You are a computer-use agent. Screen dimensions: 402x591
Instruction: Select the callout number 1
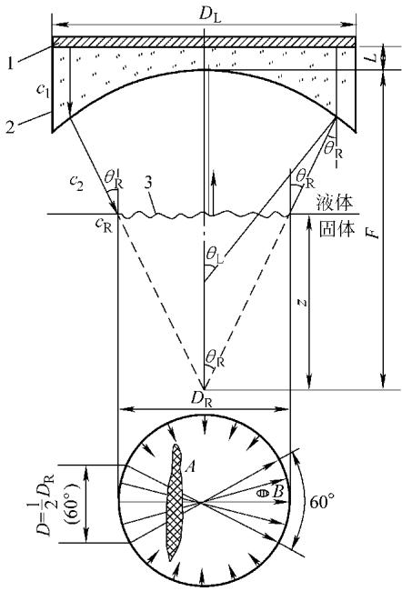pos(11,63)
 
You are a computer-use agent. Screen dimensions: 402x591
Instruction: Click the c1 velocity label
pos(44,92)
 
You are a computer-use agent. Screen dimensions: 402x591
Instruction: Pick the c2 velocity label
pos(76,184)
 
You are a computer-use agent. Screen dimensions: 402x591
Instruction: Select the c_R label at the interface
pos(104,225)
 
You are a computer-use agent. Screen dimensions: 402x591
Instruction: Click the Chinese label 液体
pos(337,203)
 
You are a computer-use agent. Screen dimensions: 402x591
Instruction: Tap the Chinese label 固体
pos(337,229)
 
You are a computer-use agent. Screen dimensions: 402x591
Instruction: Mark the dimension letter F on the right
pos(373,233)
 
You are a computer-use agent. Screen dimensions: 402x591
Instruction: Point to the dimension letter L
pos(371,57)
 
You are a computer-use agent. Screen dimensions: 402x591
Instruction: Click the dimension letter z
pos(300,302)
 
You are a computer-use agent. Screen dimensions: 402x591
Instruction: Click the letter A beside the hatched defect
pos(190,467)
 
